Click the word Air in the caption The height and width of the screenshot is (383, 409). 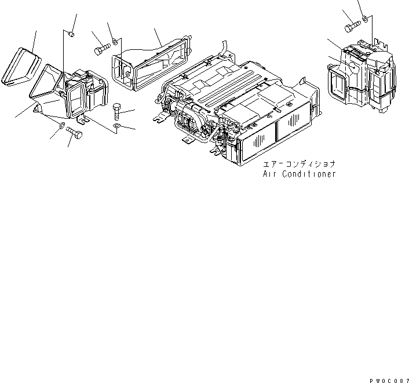(272, 174)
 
